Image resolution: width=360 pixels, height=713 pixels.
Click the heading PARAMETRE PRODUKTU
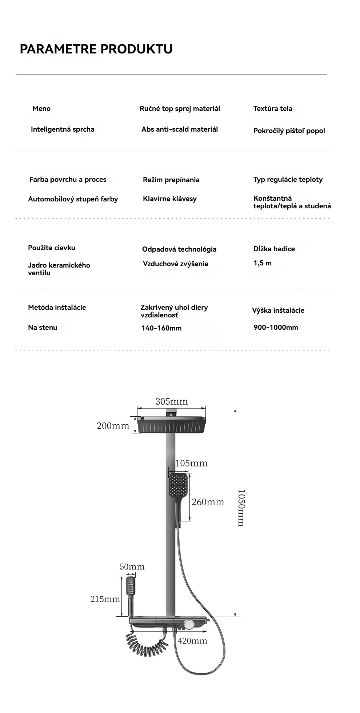pyautogui.click(x=96, y=49)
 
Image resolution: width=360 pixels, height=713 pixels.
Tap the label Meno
pyautogui.click(x=41, y=108)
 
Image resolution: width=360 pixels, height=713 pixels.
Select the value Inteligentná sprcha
pyautogui.click(x=63, y=129)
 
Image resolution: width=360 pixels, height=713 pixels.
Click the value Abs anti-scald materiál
pyautogui.click(x=180, y=129)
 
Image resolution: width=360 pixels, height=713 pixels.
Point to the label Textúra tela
pyautogui.click(x=273, y=108)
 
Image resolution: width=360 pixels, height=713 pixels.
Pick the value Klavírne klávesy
pyautogui.click(x=169, y=199)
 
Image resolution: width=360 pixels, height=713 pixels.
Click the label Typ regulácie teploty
pyautogui.click(x=288, y=179)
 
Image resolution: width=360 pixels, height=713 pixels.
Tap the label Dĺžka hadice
pyautogui.click(x=274, y=249)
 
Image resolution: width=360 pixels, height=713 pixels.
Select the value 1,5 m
pyautogui.click(x=263, y=263)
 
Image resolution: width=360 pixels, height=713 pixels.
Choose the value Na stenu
pyautogui.click(x=43, y=327)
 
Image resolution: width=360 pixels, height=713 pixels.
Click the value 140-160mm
pyautogui.click(x=161, y=328)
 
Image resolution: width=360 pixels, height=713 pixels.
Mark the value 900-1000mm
pyautogui.click(x=276, y=327)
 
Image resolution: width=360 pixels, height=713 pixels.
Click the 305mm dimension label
pyautogui.click(x=172, y=401)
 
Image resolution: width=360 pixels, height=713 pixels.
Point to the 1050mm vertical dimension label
pyautogui.click(x=241, y=508)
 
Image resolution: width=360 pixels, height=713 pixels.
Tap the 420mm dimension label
pyautogui.click(x=192, y=641)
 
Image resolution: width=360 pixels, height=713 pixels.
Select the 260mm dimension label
pyautogui.click(x=208, y=502)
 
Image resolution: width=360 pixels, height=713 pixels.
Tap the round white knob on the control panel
pyautogui.click(x=188, y=625)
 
